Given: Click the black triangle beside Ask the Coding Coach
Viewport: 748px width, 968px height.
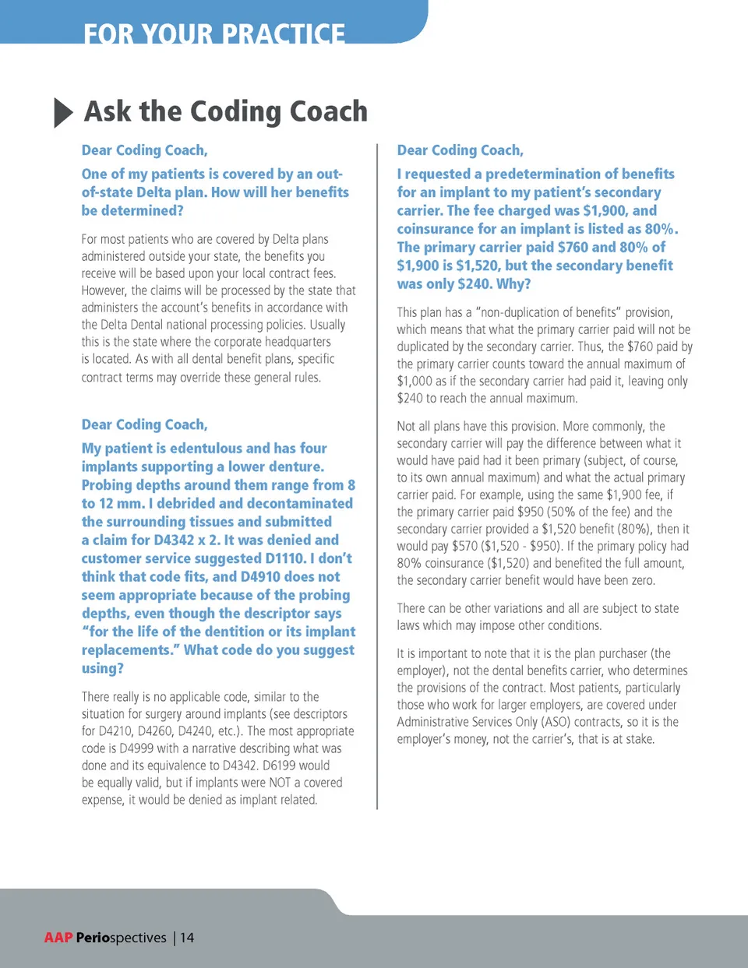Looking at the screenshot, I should tap(63, 113).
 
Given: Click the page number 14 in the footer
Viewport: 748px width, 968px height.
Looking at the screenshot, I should tap(187, 938).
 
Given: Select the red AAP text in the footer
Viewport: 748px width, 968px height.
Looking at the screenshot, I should tap(58, 938).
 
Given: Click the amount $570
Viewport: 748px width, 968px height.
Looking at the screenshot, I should tap(464, 546).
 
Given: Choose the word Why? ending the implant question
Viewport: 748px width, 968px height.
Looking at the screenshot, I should tap(513, 284).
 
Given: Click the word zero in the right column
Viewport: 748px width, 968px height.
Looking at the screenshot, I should tap(642, 580).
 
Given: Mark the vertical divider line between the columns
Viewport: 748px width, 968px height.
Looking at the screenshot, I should tap(377, 475).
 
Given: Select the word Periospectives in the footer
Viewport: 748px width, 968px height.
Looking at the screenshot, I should tap(122, 938).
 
